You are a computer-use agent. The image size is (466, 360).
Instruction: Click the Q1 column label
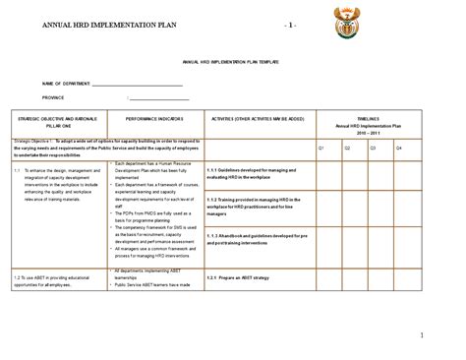[321, 147]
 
